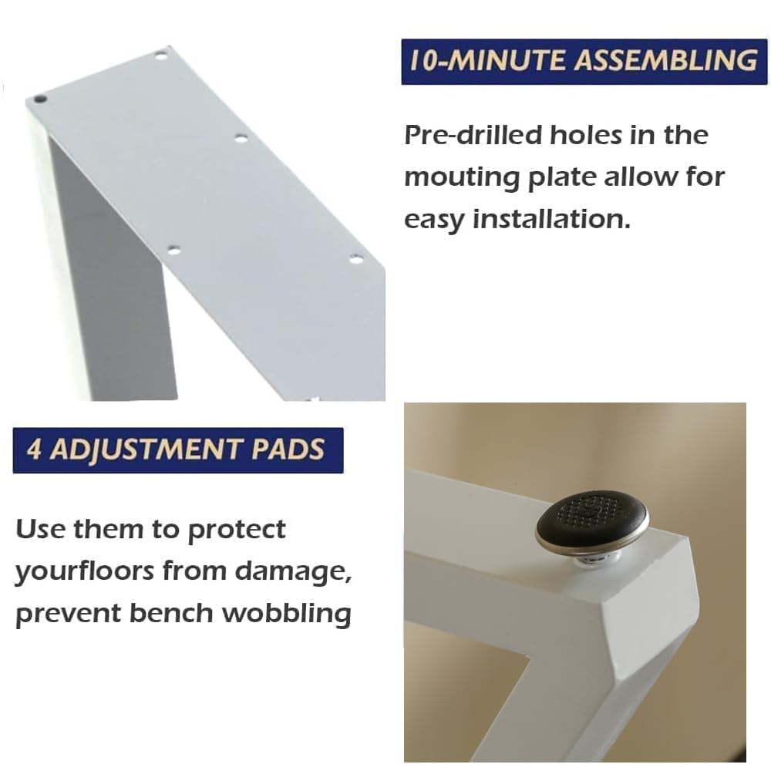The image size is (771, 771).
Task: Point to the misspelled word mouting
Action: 462,178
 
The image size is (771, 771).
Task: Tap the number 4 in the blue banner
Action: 35,449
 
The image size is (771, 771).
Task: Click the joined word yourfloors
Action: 86,572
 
